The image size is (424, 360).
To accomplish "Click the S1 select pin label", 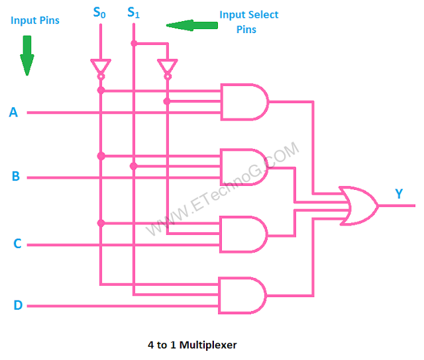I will click(x=133, y=12).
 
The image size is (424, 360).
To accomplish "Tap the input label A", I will click(x=13, y=112).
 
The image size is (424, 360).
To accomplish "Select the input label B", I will click(x=15, y=177).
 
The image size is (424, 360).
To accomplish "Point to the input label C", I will click(x=17, y=244).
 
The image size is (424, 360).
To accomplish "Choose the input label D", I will click(x=17, y=306).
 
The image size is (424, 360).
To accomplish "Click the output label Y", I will click(x=399, y=194).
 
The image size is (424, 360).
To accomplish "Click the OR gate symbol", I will click(x=358, y=206).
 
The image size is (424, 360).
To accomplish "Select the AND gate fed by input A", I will click(x=244, y=102).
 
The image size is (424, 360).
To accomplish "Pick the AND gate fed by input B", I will click(x=244, y=167).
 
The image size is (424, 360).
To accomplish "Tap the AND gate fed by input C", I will click(x=244, y=234).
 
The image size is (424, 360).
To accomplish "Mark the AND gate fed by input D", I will click(x=242, y=295).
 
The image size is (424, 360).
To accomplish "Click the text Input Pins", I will click(x=35, y=21).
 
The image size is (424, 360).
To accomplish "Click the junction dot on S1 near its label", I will click(x=133, y=44).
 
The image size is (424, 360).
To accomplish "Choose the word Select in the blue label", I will click(x=263, y=15).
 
